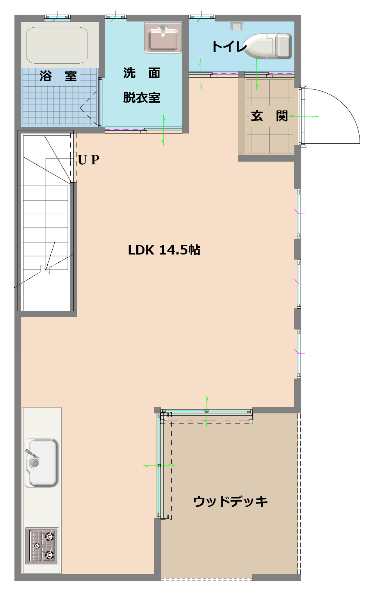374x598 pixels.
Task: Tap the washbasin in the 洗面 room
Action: tap(163, 37)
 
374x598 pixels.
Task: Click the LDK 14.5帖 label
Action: tap(164, 251)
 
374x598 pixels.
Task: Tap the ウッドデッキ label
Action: tap(230, 501)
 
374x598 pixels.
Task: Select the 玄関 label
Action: tap(269, 116)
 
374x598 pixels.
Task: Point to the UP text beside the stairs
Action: tap(89, 160)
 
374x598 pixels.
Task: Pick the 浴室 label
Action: tap(58, 76)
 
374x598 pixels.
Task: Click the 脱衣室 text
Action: tap(141, 98)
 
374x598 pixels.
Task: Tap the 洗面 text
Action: tap(141, 73)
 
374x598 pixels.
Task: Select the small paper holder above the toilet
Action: tap(237, 26)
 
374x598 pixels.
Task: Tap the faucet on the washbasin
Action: tap(163, 30)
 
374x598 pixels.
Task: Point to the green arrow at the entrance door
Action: tap(303, 116)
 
